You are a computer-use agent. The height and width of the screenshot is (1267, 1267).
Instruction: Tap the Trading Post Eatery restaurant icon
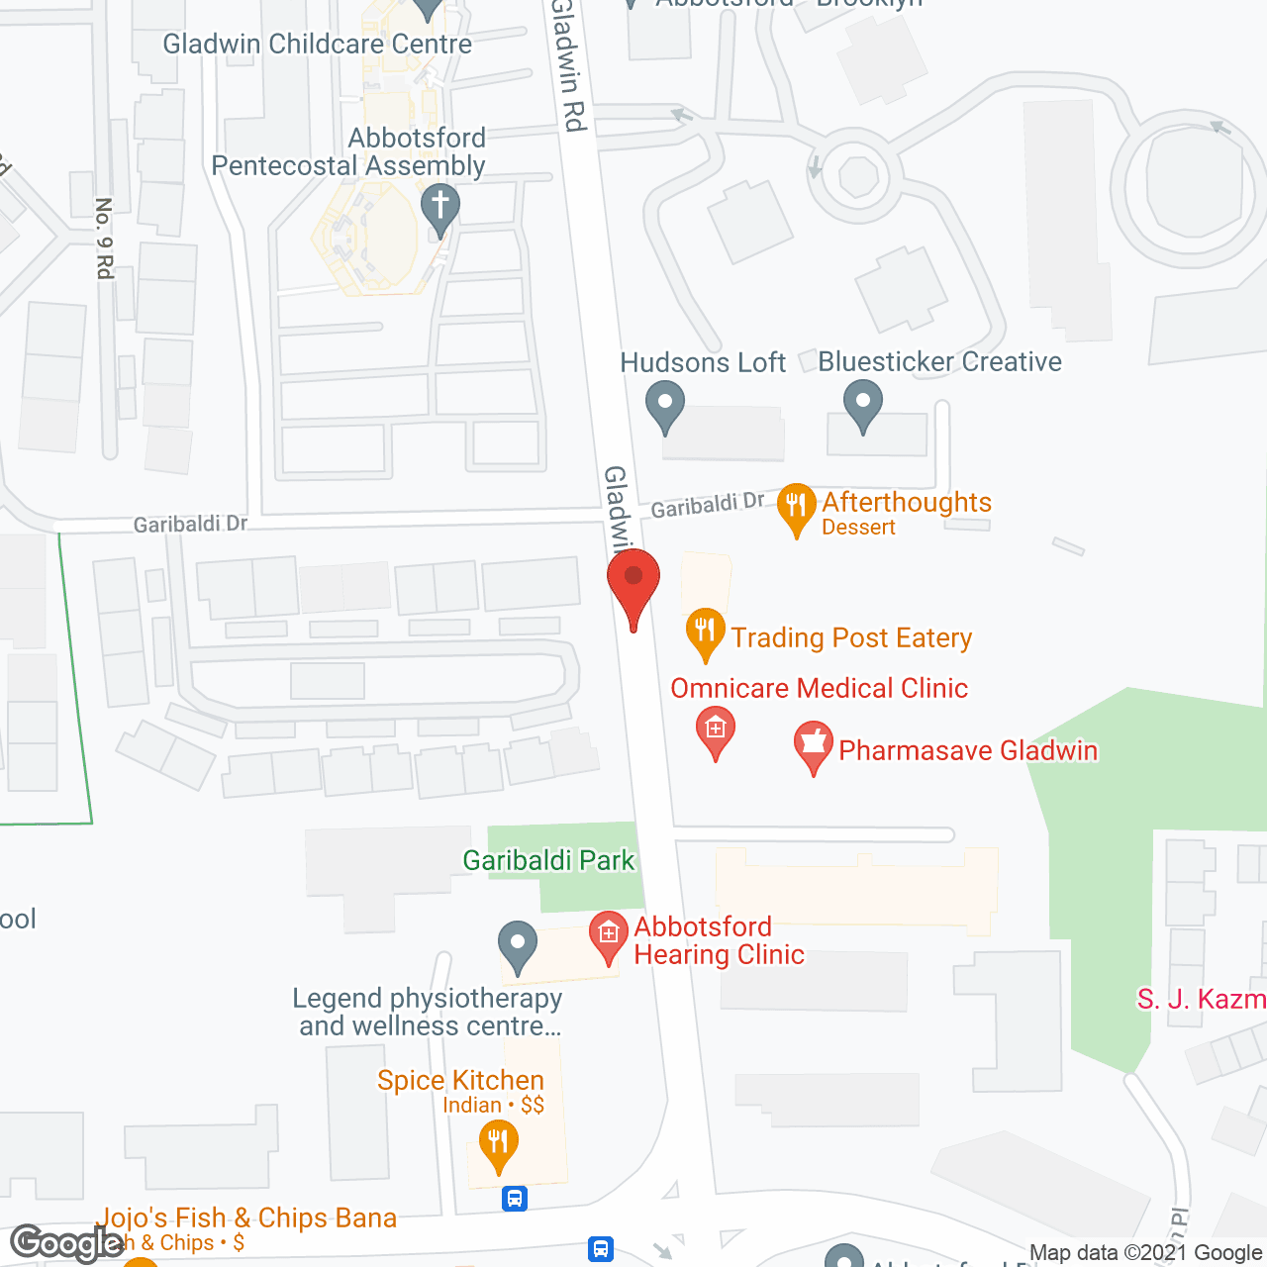tap(705, 632)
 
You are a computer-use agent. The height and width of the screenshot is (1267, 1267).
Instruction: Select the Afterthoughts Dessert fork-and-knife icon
tap(796, 507)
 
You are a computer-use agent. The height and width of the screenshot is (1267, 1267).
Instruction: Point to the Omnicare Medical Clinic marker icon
tap(715, 731)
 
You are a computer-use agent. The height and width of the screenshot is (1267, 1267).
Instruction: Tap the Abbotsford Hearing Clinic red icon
tap(608, 935)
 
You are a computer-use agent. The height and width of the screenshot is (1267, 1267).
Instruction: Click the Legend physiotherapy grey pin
tap(517, 944)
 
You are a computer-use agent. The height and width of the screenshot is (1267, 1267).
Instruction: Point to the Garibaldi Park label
tap(548, 860)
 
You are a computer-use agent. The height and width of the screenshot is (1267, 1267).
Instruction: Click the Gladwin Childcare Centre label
tap(317, 44)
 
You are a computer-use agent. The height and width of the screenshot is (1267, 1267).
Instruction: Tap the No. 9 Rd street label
tap(105, 238)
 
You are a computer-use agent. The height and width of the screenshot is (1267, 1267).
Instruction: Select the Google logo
tap(66, 1243)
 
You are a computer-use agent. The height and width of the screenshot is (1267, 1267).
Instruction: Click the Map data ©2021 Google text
tap(1146, 1253)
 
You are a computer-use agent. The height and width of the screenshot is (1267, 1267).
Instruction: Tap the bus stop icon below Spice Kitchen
tap(514, 1199)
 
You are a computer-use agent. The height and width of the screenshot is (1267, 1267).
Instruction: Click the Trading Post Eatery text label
tap(851, 637)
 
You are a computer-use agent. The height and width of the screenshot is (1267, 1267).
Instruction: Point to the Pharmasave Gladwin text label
tap(968, 750)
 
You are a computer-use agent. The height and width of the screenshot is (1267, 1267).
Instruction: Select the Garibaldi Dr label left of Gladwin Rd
tap(190, 523)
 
